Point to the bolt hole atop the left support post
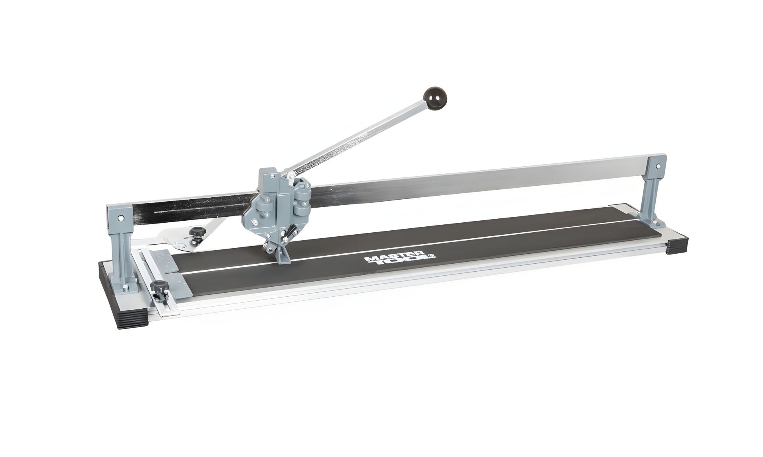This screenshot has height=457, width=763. point(120,218)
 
